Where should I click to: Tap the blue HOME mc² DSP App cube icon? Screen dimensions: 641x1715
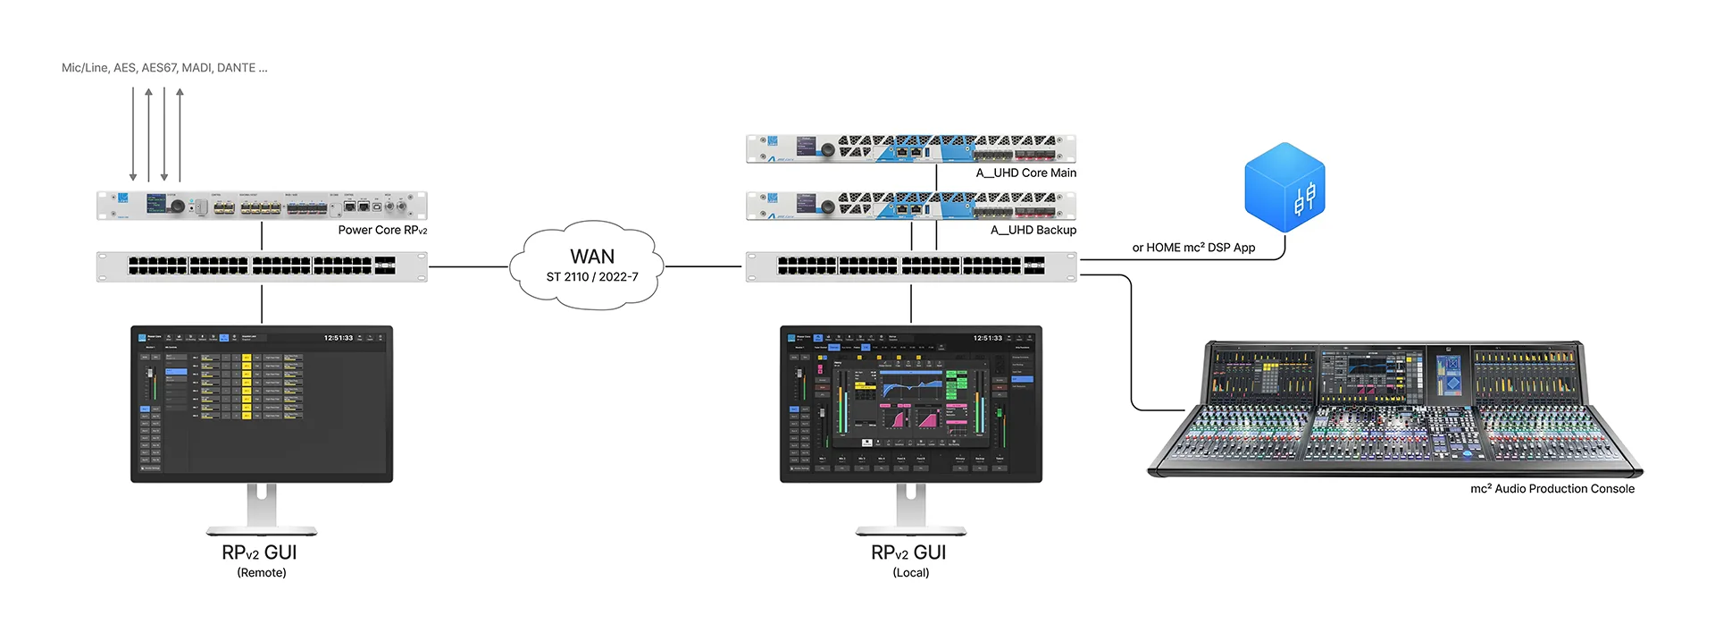click(1284, 187)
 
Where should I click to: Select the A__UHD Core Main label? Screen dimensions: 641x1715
click(1025, 173)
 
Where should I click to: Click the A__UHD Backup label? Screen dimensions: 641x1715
click(1033, 230)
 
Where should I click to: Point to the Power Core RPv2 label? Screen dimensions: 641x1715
click(382, 230)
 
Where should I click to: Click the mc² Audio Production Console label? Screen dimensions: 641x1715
click(1552, 488)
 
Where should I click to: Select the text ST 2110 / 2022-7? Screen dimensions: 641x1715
click(591, 277)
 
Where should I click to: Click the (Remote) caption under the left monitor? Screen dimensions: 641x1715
click(261, 572)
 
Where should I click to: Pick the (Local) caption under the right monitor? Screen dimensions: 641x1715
click(910, 572)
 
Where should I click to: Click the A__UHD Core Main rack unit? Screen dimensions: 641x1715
click(910, 148)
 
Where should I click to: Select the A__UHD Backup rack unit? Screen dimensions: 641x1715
click(910, 206)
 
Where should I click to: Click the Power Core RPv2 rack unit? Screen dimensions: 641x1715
click(261, 206)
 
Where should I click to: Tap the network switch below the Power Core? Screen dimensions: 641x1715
click(261, 266)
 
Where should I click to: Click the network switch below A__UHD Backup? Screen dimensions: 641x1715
click(910, 266)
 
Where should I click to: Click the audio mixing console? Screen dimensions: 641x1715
click(1393, 411)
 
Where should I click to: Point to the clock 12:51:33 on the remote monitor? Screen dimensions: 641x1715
click(338, 338)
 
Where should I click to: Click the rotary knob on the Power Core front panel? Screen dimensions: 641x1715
click(178, 207)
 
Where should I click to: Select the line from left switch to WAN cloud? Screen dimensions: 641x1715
click(468, 266)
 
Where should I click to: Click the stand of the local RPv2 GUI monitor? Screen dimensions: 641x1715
click(910, 510)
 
